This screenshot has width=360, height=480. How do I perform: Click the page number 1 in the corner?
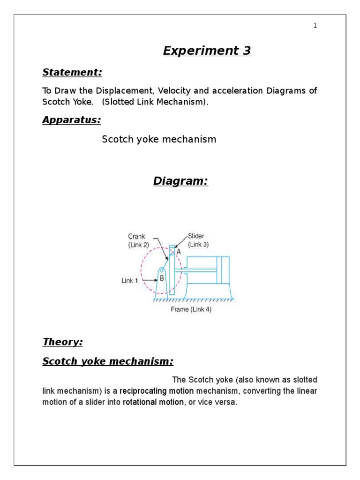coord(315,26)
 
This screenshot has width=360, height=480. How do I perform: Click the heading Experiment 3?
coord(207,51)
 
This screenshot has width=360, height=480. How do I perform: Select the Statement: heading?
coord(72,73)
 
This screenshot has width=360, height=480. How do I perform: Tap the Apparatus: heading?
coord(72,120)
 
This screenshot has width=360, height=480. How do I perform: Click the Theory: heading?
coord(62,342)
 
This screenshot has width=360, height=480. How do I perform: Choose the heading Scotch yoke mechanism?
coord(108,361)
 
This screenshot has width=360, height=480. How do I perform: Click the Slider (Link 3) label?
coord(198,240)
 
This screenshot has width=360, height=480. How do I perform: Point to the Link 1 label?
coord(130,281)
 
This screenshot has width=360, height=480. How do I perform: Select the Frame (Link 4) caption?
coord(191,310)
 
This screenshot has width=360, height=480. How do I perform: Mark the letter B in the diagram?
coord(162,278)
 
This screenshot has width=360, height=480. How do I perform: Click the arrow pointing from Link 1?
coord(149,281)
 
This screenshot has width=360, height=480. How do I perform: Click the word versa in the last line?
coord(227,402)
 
